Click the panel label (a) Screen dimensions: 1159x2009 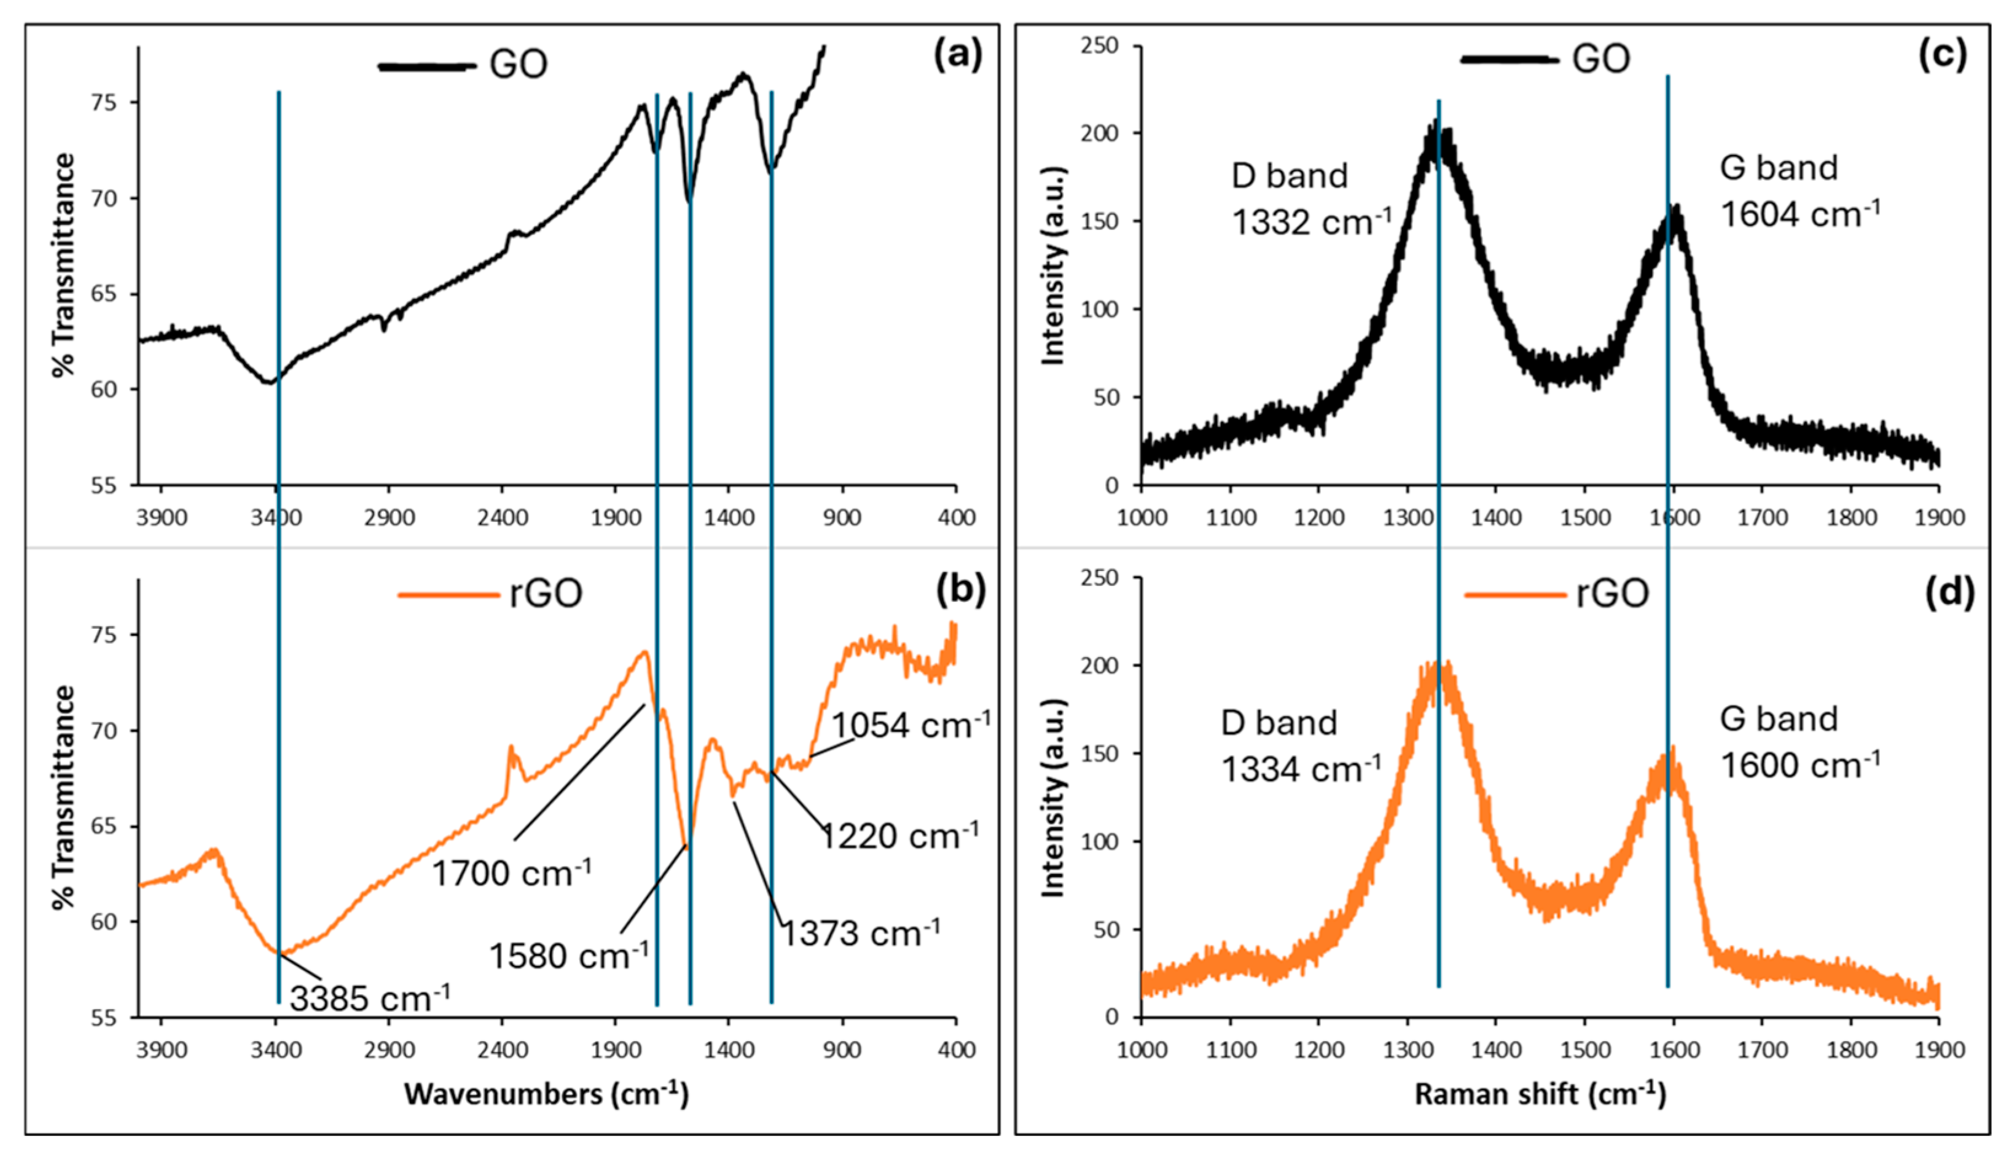[957, 56]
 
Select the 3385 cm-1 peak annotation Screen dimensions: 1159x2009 [370, 998]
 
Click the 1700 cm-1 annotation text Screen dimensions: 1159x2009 [512, 873]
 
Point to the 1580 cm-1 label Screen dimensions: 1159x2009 [568, 955]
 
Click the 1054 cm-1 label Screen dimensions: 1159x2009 [911, 725]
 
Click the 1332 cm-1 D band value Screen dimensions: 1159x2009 [1311, 222]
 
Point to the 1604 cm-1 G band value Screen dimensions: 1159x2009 [1799, 214]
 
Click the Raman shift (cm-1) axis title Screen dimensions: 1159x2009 [1540, 1094]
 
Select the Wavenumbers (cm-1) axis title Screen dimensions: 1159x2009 [546, 1094]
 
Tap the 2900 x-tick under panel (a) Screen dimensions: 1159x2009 [389, 518]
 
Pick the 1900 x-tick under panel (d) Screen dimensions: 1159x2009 [1938, 1051]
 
